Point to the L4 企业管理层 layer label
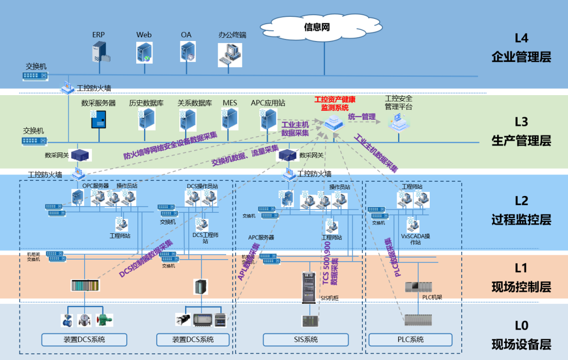[521, 48]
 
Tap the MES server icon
[230, 119]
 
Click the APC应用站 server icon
[267, 119]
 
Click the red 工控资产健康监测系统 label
[334, 103]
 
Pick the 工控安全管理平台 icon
[398, 122]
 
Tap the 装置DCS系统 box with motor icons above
[84, 340]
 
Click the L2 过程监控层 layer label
[521, 210]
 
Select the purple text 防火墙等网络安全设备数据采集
[170, 145]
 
